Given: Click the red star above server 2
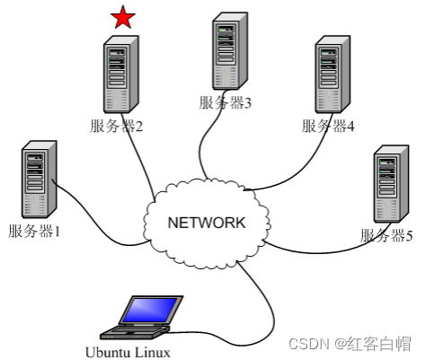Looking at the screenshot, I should (123, 17).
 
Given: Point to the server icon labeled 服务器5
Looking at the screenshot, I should (388, 186).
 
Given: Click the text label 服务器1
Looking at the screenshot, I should (33, 232).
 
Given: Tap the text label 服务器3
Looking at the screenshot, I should (226, 102).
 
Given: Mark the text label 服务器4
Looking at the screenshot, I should (328, 126).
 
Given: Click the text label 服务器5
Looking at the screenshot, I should (386, 236).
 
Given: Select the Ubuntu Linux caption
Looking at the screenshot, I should (128, 351).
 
